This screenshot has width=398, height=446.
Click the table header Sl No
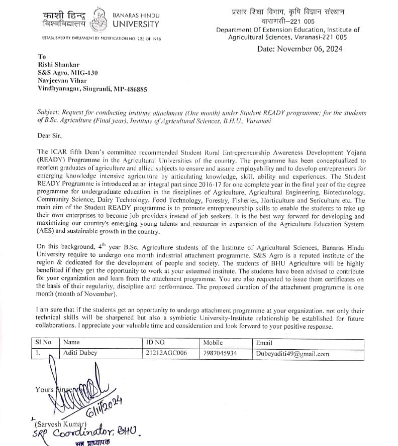[x=43, y=343]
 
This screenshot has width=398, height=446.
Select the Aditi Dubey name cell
[x=80, y=353]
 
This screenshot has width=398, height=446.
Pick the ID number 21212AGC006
[x=166, y=353]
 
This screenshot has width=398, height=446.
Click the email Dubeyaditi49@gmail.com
[x=292, y=354]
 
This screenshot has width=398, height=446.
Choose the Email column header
[x=264, y=343]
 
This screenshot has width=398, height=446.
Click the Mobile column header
[x=213, y=343]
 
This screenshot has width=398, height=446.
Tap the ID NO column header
[x=155, y=343]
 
